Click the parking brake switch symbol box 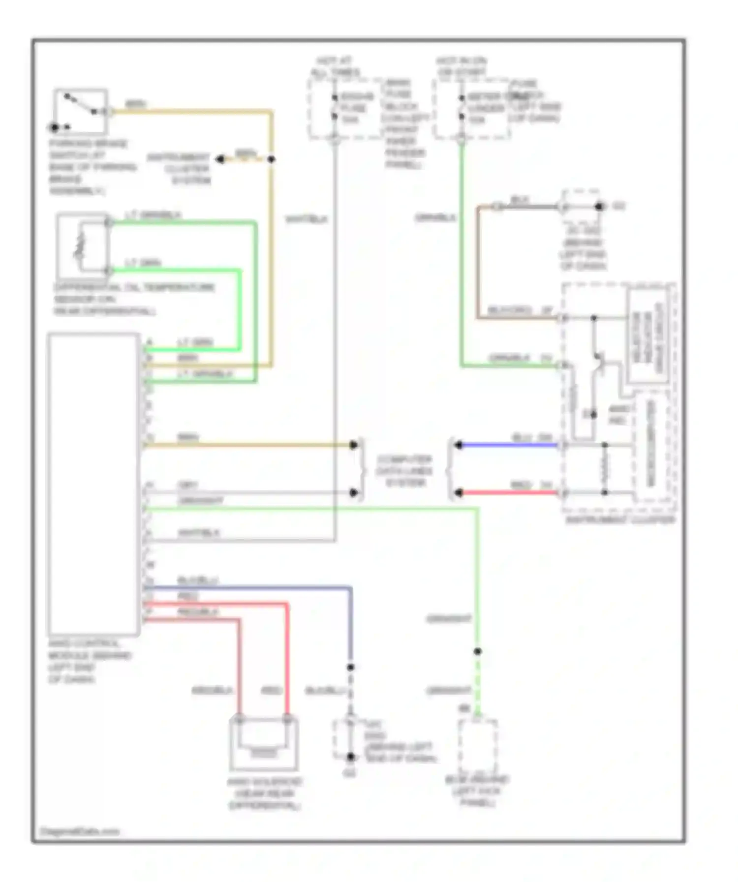(x=81, y=111)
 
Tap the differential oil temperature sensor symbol (x=83, y=245)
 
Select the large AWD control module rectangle (x=93, y=484)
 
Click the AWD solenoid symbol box (x=263, y=744)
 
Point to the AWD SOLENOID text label (x=264, y=794)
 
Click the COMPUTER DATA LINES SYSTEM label (x=404, y=471)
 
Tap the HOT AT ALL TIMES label (x=335, y=67)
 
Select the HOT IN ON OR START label (x=461, y=67)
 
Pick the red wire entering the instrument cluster (x=510, y=492)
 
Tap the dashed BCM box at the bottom (x=477, y=744)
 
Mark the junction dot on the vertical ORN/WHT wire (x=477, y=651)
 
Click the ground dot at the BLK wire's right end (x=599, y=207)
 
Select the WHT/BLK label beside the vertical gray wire (x=306, y=219)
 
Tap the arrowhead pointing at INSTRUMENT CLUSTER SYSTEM (x=221, y=159)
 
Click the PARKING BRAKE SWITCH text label (x=89, y=167)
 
